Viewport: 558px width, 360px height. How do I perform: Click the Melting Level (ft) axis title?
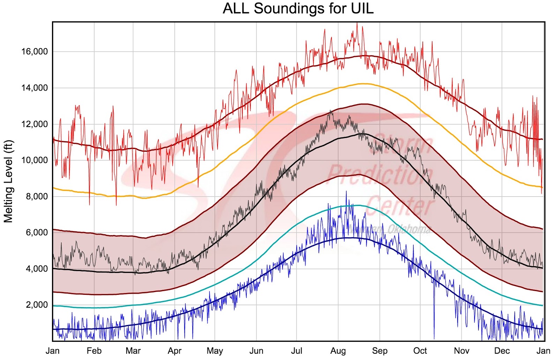pos(8,181)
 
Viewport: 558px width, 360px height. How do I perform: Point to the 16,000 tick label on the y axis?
pos(35,52)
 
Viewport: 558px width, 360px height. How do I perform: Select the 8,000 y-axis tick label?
pos(37,197)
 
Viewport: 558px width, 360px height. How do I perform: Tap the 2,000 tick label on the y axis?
pos(37,305)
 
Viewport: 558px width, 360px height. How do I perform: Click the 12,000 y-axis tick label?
pos(35,124)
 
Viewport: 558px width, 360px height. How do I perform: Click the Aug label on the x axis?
pos(338,351)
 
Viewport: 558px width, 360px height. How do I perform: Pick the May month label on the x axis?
pos(215,351)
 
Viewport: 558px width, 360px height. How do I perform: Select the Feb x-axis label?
pos(94,351)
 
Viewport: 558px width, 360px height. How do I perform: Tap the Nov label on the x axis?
pos(461,351)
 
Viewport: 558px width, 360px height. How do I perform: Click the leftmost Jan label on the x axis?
pos(53,351)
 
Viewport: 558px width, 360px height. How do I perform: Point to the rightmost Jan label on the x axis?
pos(543,351)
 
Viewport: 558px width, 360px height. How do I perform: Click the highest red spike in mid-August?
pos(357,24)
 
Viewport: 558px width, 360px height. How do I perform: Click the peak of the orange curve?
pos(364,84)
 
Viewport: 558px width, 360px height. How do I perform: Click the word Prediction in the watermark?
pos(380,174)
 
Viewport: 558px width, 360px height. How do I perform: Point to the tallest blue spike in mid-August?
pos(346,192)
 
